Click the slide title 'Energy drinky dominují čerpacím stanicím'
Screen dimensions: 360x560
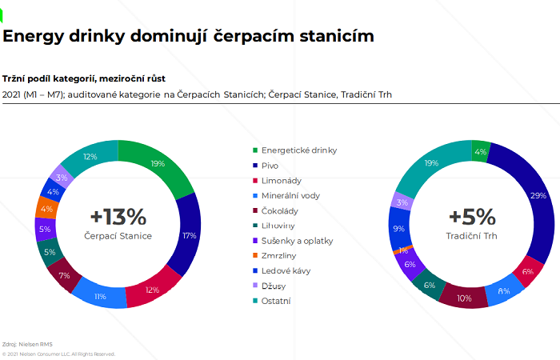[x=188, y=37]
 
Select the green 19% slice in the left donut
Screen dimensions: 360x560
[x=158, y=165]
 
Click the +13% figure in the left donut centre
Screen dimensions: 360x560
[x=118, y=218]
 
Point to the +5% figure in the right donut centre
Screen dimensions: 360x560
[x=471, y=218]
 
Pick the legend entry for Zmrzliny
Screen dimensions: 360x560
[x=280, y=255]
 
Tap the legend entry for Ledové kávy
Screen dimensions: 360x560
[x=286, y=270]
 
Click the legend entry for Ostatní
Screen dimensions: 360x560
[x=279, y=301]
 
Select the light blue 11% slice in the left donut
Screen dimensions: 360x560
[x=101, y=296]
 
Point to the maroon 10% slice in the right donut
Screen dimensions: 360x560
[x=464, y=298]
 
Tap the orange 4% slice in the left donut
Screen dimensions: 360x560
[x=46, y=209]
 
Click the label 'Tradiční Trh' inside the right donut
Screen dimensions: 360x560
[x=471, y=236]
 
